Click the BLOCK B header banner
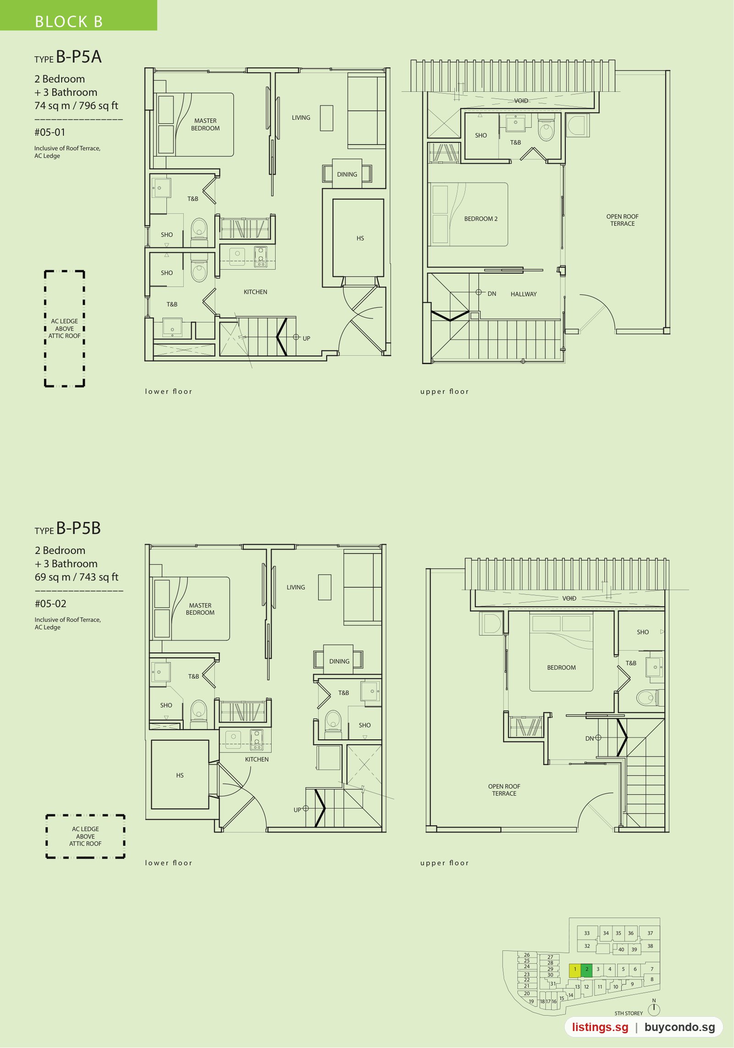tap(78, 16)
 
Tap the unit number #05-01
tap(50, 133)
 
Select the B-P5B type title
tap(67, 528)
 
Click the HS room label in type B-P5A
tap(360, 238)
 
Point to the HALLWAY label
tap(523, 294)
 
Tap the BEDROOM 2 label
tap(481, 219)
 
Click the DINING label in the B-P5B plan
tap(339, 661)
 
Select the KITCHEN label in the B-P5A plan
tap(255, 292)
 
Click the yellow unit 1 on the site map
tap(575, 969)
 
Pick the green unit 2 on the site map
tap(586, 969)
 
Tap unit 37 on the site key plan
tap(650, 933)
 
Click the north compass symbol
tap(654, 1009)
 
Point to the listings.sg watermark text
tap(600, 1027)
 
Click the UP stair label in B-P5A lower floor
tap(306, 338)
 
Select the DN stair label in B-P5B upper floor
tap(589, 738)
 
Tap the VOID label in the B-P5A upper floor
tap(521, 100)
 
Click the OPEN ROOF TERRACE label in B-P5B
tap(504, 790)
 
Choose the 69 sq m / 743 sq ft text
tap(77, 577)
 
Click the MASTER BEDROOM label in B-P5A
tap(205, 124)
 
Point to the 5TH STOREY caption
tap(628, 1013)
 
